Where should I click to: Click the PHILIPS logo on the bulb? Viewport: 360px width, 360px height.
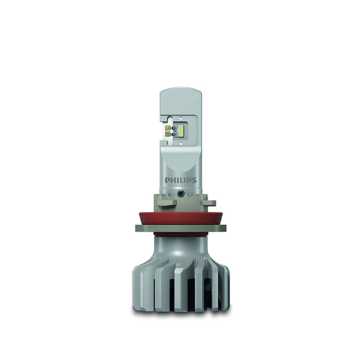[181, 180]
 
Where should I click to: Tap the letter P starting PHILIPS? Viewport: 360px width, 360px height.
[167, 180]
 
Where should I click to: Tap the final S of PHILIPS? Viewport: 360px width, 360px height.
[194, 180]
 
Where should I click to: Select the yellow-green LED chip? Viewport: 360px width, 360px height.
[181, 130]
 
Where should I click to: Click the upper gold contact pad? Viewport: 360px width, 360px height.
[168, 128]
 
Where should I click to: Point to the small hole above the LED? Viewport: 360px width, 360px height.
[181, 119]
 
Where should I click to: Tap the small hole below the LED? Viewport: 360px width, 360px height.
[181, 143]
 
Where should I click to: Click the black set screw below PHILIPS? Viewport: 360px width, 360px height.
[180, 193]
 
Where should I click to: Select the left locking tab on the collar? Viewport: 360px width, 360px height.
[167, 203]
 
